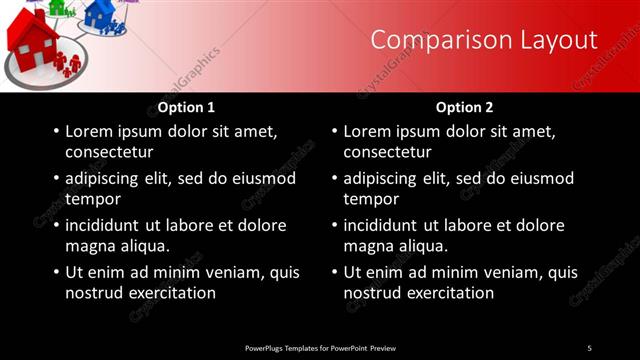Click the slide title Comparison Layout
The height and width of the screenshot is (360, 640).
(x=484, y=40)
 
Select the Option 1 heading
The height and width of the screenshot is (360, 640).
(x=186, y=107)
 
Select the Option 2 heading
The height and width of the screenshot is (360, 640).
(x=465, y=107)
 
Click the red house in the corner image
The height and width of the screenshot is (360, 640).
(x=32, y=40)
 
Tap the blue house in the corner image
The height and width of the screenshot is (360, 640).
(x=100, y=13)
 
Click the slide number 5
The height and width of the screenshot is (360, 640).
(x=589, y=347)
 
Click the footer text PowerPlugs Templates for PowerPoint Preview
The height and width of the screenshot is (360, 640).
(x=320, y=347)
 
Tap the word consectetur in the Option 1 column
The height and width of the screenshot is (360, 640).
(x=109, y=153)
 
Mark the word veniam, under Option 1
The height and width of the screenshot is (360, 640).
(x=228, y=272)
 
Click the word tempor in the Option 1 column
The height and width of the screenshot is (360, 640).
(x=91, y=199)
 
